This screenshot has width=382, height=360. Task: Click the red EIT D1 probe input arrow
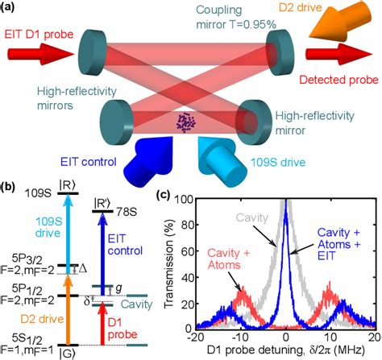(29, 55)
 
